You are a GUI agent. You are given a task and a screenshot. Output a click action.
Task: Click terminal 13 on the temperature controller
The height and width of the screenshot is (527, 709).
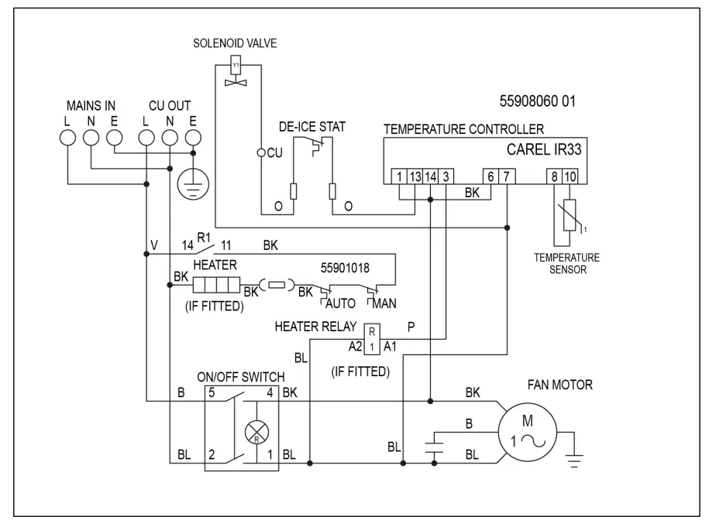coord(415,177)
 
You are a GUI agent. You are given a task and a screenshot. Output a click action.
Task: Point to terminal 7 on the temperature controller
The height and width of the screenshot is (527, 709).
coord(505,177)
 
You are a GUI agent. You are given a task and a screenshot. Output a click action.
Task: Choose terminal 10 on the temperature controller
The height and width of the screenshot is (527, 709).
coord(570,177)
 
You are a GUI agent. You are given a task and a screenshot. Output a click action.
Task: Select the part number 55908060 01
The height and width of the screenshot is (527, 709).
coord(539,101)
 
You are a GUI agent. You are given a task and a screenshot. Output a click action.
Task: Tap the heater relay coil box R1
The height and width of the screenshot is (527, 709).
coord(372,337)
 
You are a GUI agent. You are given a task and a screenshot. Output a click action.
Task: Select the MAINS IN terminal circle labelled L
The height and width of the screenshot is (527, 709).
coord(67,137)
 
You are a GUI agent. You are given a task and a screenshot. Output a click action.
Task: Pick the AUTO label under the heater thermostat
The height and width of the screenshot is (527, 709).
coord(340,303)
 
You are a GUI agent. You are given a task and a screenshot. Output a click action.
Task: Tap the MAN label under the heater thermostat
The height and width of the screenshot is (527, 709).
coord(387,303)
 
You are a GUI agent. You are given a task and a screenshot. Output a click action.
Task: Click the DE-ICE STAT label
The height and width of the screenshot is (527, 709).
coord(312,126)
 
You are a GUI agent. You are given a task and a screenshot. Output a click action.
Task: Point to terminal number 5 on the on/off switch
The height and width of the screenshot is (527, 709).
coord(211,393)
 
